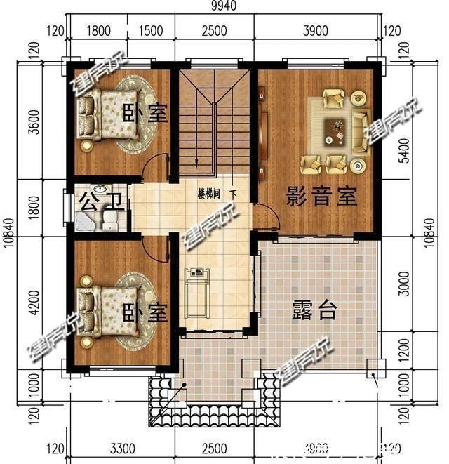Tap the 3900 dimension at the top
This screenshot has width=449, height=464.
tap(318, 30)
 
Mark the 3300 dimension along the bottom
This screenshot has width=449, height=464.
tap(122, 447)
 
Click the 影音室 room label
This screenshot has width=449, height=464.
tap(321, 197)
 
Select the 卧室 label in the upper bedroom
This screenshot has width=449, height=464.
tap(146, 113)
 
